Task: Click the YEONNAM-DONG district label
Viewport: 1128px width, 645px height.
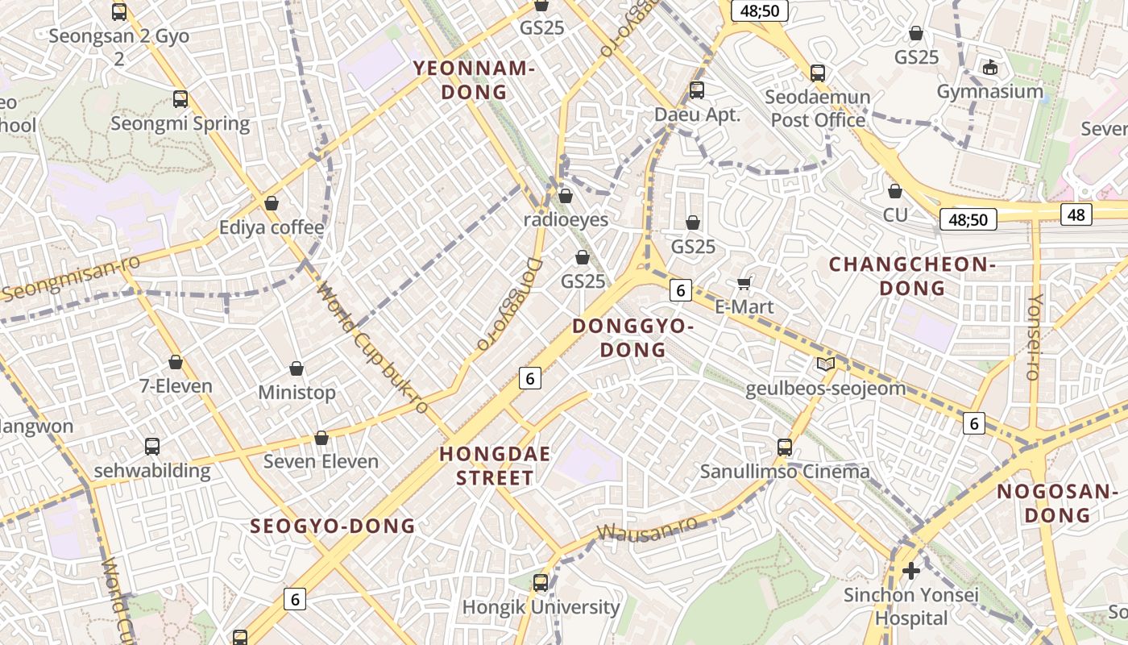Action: tap(474, 81)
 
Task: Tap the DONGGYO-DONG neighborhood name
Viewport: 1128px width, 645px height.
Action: tap(633, 338)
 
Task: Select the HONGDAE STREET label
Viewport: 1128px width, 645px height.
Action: tap(495, 466)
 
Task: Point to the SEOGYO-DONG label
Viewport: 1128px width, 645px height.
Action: tap(333, 526)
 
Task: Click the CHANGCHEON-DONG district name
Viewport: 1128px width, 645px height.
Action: tap(912, 277)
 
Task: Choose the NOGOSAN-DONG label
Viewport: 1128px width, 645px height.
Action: tap(1055, 503)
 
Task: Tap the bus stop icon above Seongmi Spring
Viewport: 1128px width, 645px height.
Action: tap(180, 99)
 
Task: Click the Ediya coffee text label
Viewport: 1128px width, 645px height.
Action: tap(272, 228)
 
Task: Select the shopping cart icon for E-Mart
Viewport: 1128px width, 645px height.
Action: tap(744, 283)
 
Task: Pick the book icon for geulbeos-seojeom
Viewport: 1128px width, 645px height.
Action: tap(826, 364)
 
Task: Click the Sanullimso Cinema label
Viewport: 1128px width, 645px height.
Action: tap(785, 472)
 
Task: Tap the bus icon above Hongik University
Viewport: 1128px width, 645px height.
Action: tap(541, 582)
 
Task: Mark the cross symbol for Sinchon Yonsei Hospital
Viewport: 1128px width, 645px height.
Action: tap(911, 571)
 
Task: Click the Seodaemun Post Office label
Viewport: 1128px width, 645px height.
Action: tap(818, 109)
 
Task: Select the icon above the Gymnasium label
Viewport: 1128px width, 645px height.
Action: tap(990, 67)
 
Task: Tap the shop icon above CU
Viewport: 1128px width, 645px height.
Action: tap(894, 191)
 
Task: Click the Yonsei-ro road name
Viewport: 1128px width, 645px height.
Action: tap(1034, 336)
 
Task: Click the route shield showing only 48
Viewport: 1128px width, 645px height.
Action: tap(1076, 214)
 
